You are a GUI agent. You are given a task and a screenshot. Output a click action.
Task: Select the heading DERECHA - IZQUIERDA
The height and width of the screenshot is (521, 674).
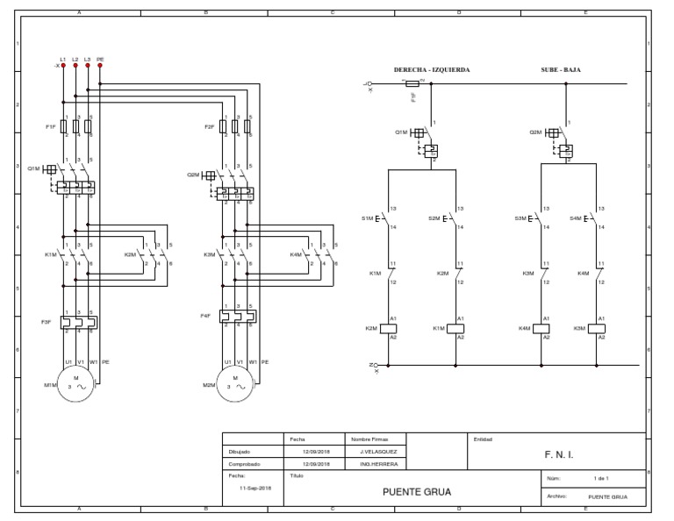(x=433, y=69)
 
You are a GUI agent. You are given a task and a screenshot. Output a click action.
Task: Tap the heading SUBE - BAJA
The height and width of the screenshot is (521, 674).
(x=561, y=69)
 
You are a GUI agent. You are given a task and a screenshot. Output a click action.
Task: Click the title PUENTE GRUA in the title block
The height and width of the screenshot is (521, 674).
(x=417, y=492)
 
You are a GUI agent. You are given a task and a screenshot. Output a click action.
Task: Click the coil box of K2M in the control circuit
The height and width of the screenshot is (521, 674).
(x=388, y=328)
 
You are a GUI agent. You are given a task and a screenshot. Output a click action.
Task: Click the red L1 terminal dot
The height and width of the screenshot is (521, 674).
(x=63, y=66)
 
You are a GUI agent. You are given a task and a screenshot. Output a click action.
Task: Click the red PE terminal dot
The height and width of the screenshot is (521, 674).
(x=100, y=66)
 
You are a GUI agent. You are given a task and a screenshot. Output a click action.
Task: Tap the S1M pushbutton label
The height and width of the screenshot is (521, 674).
(x=367, y=218)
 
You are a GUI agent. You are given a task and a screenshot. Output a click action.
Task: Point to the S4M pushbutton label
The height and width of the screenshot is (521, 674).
(x=576, y=218)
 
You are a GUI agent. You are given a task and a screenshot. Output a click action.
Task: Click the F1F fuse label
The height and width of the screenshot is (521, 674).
(x=50, y=126)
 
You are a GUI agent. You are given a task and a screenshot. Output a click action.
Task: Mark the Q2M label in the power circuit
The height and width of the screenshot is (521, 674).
(x=194, y=175)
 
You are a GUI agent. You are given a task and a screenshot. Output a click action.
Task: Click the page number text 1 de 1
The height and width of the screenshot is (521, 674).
(x=601, y=479)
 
